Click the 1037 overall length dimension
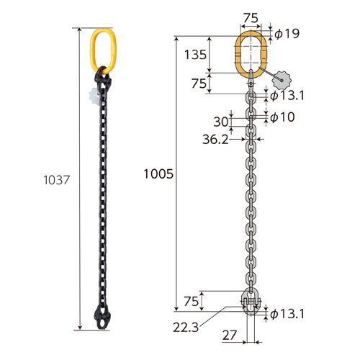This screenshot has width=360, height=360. point(56,180)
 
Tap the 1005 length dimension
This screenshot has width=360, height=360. point(158,174)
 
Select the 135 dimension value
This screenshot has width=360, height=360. point(195,55)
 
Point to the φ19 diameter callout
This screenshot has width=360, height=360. point(287,33)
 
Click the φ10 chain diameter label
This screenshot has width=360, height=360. point(282,117)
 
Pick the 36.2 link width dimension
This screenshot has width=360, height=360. point(215,139)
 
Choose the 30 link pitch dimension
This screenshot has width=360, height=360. point(221,122)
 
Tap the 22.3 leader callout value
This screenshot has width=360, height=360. point(186,328)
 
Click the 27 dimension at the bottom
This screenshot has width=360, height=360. point(230,336)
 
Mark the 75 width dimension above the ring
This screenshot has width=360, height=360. point(251,18)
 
